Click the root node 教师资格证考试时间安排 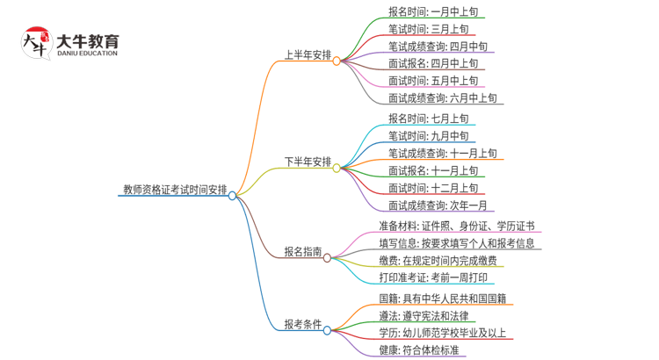[174, 190]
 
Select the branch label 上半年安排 [307, 55]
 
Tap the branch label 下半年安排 [307, 162]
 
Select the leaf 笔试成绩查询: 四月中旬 [438, 47]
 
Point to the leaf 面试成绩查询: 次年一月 [438, 205]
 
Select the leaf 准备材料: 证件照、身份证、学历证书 [456, 227]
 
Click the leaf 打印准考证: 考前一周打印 [433, 277]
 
